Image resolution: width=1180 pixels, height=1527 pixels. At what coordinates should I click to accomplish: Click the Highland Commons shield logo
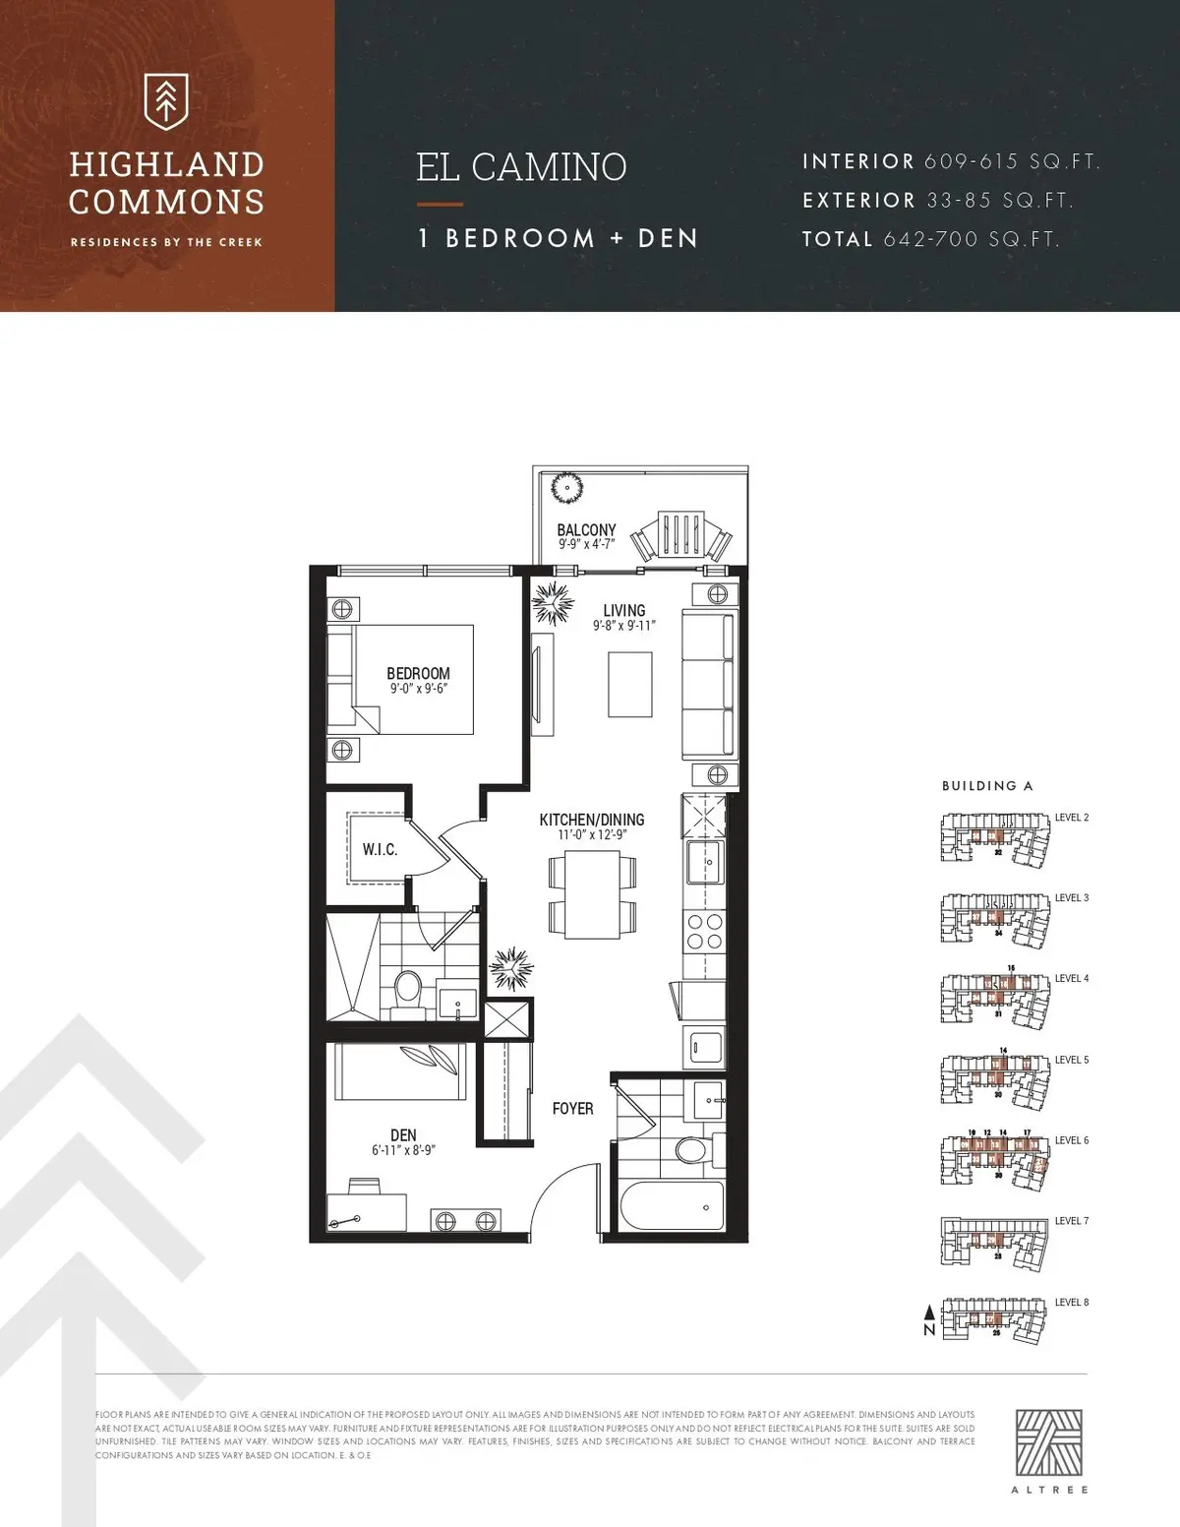coord(166,100)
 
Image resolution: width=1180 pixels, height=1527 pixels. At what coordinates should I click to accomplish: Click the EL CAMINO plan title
coord(521,167)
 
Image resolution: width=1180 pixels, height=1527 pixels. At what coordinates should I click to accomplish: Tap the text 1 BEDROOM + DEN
coord(558,238)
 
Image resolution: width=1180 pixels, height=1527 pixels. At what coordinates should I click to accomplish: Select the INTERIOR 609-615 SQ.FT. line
coord(950,161)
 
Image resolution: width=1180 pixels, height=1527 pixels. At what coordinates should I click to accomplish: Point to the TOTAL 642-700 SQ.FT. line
coord(930,239)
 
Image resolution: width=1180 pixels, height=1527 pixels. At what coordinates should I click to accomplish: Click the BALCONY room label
coord(586,530)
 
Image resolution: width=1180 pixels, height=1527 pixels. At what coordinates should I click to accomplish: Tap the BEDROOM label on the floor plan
coord(418,674)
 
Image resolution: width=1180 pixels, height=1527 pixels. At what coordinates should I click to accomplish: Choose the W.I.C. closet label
coord(380,849)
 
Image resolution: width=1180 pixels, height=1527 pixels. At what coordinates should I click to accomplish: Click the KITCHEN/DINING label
coord(591,820)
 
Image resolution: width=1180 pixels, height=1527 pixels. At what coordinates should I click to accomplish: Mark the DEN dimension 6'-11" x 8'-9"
coord(403,1149)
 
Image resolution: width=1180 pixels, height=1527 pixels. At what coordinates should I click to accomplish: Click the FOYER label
coord(572,1109)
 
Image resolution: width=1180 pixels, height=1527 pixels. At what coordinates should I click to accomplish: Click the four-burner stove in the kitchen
coord(703,931)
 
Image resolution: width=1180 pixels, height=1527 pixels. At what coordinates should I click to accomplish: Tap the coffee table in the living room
coord(630,684)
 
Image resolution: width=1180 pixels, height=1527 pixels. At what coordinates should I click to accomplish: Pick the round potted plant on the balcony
coord(567,487)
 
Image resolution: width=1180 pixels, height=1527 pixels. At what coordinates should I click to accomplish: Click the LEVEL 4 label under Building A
coord(1072,979)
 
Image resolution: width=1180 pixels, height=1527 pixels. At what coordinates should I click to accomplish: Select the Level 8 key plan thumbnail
coord(993,1319)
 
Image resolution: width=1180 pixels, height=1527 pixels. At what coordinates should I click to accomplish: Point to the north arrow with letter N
coord(928,1320)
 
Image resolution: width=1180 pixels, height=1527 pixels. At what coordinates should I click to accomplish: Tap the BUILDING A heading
coord(987,786)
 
